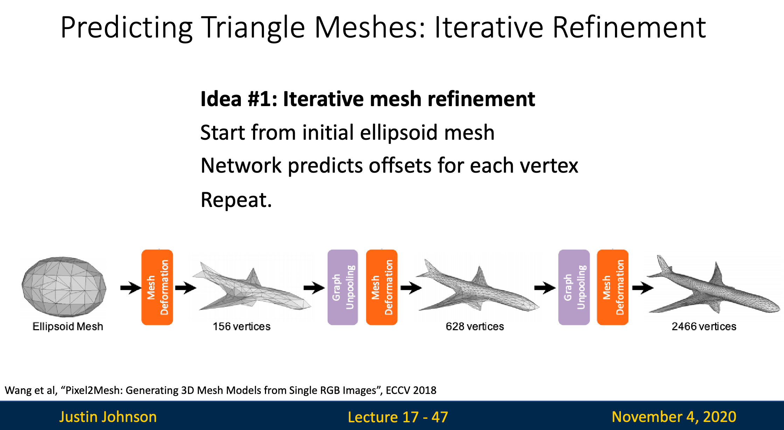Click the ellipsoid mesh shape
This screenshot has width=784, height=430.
tap(64, 287)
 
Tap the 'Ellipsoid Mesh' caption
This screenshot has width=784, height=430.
tap(68, 326)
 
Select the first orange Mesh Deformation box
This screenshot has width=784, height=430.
tap(157, 287)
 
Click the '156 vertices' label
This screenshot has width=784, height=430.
tap(241, 326)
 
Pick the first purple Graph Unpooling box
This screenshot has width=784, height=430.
tap(343, 287)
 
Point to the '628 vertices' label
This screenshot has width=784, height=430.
tap(475, 326)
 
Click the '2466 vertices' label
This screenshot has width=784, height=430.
tap(704, 326)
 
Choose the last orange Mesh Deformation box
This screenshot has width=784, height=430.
tap(612, 287)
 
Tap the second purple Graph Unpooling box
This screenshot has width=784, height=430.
tap(574, 287)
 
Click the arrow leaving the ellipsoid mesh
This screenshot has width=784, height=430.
tap(131, 288)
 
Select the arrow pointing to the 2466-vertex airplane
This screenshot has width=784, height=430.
tap(643, 288)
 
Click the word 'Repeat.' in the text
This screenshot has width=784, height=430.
tap(236, 200)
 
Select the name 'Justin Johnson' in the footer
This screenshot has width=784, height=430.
tap(108, 417)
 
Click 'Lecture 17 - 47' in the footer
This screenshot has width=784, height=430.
tap(398, 417)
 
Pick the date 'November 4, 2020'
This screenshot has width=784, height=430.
tap(674, 417)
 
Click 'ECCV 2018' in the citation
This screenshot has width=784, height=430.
tap(411, 390)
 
